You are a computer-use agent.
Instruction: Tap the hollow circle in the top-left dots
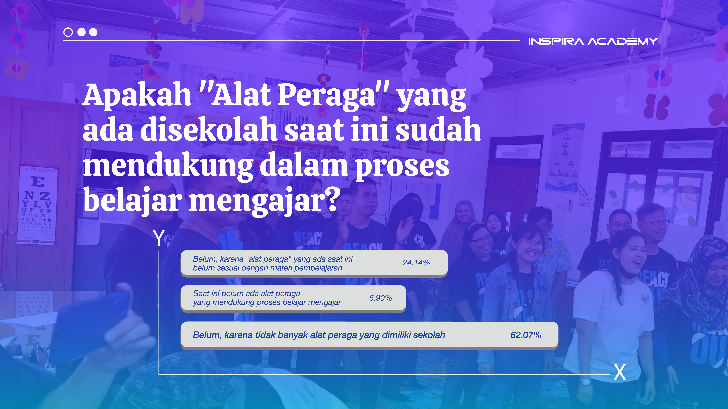click(68, 32)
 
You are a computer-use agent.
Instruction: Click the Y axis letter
click(159, 238)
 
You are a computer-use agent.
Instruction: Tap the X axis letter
click(620, 373)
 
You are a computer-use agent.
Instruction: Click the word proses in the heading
click(402, 166)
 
